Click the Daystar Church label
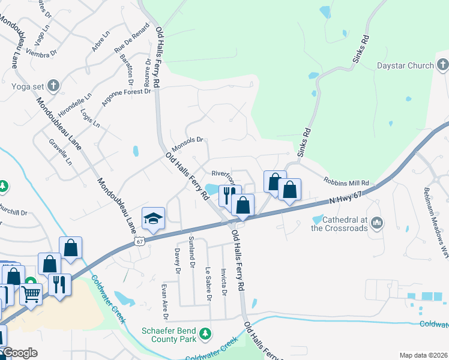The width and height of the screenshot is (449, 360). [405, 65]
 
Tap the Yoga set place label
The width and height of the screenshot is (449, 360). [22, 85]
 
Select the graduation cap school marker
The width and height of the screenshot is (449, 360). [153, 218]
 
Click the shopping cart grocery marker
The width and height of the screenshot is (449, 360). [30, 294]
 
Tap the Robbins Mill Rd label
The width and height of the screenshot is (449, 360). [345, 182]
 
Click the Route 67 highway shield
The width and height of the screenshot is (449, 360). [139, 240]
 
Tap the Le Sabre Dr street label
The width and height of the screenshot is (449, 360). [208, 284]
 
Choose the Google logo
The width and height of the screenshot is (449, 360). [20, 353]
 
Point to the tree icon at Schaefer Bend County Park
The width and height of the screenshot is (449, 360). [205, 333]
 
